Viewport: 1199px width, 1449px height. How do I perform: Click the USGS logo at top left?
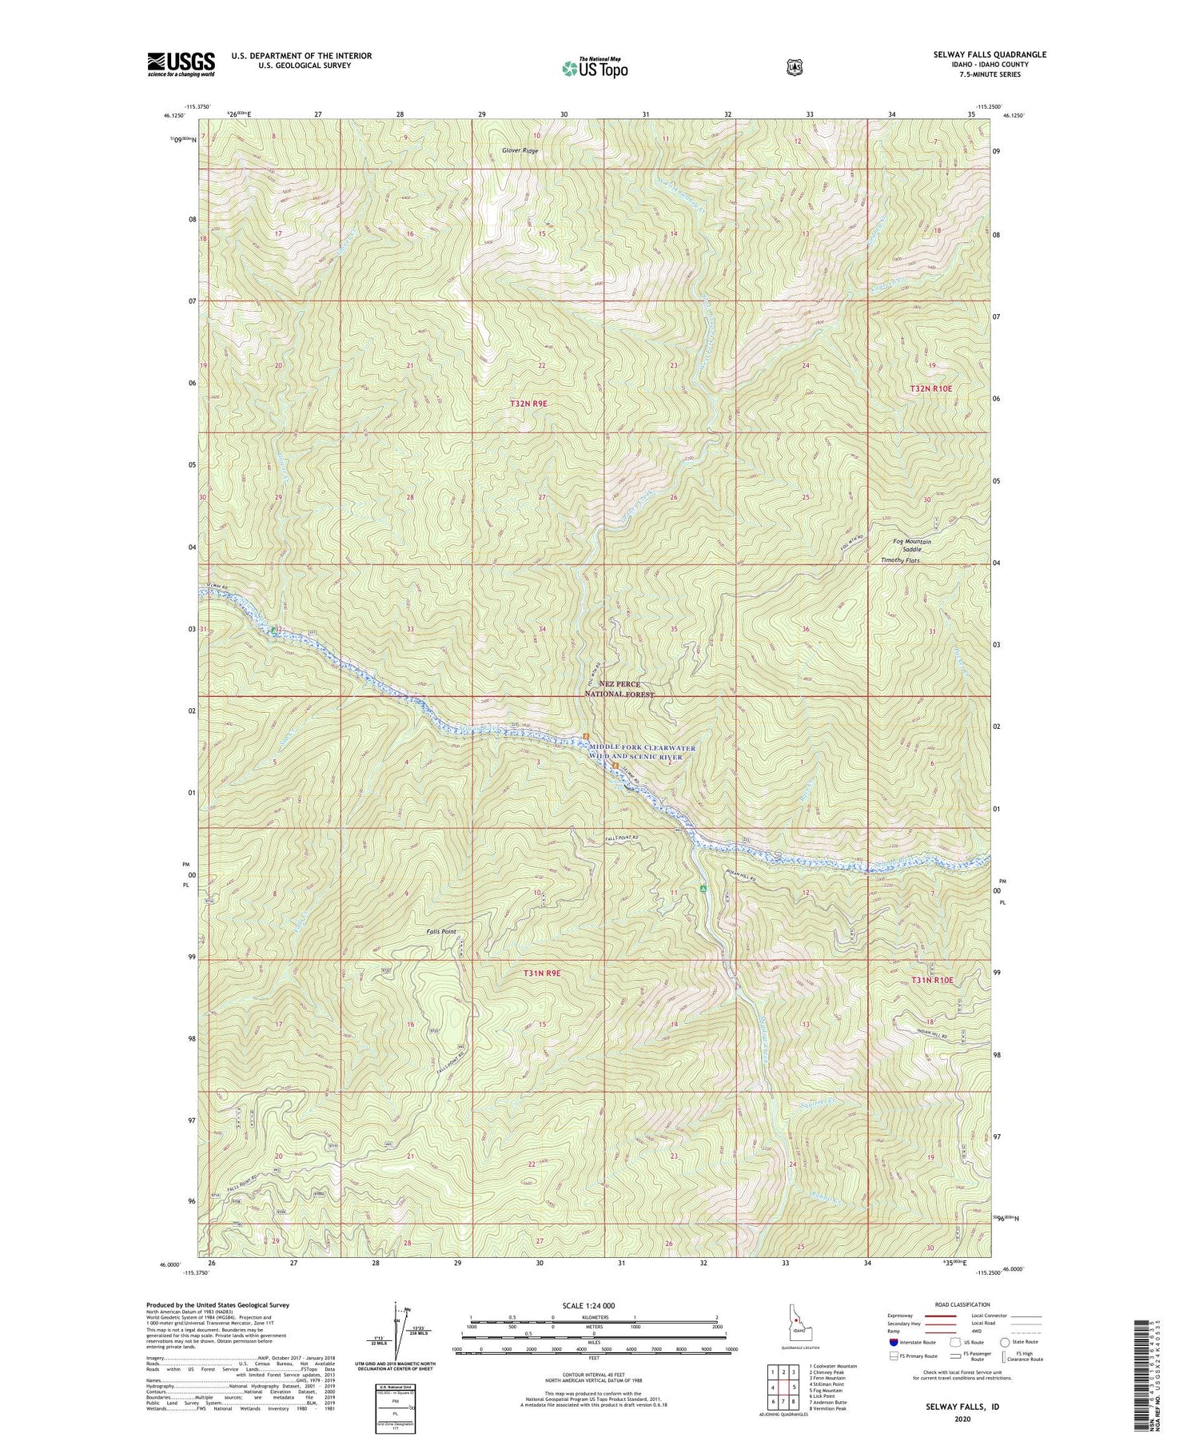tap(181, 64)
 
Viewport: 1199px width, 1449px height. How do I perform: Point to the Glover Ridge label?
tap(520, 150)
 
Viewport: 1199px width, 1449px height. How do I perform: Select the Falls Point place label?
tap(441, 931)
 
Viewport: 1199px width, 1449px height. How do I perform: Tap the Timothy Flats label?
tap(900, 560)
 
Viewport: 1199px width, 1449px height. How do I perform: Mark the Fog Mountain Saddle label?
tap(912, 545)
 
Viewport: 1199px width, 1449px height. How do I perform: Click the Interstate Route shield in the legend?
tap(894, 1342)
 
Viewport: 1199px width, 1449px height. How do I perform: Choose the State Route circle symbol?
tap(1004, 1342)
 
